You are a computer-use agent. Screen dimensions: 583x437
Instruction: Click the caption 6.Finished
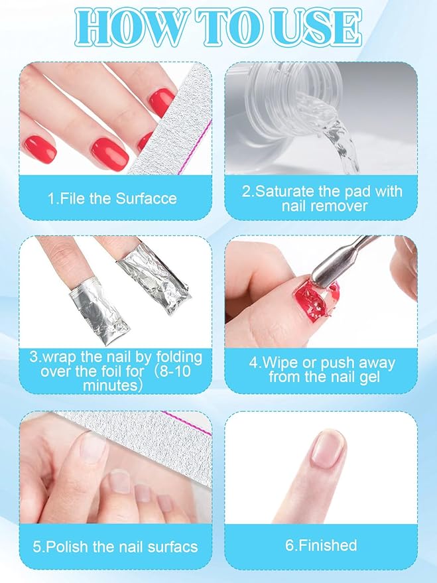pos(322,545)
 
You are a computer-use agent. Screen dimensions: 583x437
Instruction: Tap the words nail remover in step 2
pos(322,206)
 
